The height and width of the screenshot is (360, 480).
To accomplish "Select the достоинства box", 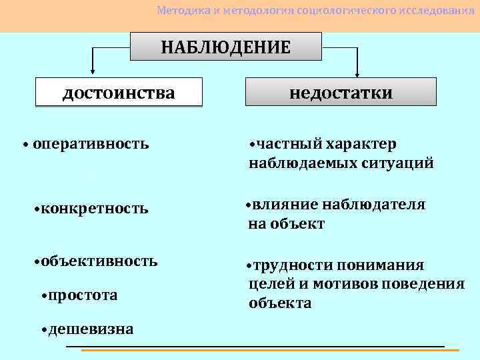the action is click(119, 92).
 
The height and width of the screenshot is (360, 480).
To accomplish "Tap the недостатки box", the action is click(341, 92).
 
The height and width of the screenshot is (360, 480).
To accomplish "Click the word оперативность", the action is click(91, 143).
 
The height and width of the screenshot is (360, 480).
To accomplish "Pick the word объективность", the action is click(99, 260).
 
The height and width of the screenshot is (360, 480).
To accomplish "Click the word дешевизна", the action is click(91, 329).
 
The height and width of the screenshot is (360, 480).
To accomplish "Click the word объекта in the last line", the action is click(280, 303).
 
